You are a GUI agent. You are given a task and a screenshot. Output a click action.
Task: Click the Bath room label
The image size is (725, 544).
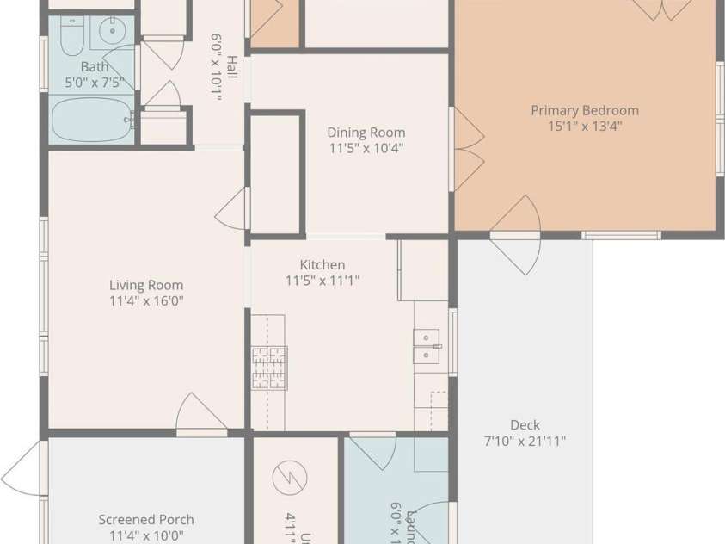click(x=95, y=67)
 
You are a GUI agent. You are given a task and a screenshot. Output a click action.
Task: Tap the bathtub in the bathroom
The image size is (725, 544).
click(x=91, y=120)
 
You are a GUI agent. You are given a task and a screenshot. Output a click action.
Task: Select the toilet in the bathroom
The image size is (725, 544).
click(x=71, y=35)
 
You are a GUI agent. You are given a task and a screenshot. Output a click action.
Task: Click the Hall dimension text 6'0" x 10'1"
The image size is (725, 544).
click(x=217, y=67)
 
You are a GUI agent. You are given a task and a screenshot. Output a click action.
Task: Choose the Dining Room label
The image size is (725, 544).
click(x=366, y=133)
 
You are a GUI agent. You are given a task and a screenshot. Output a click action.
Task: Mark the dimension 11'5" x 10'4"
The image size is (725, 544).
click(x=366, y=147)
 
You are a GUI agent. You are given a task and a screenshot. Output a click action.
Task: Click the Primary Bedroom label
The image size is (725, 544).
click(x=584, y=110)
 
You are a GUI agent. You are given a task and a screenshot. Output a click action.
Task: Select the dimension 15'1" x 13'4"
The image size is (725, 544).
click(x=584, y=126)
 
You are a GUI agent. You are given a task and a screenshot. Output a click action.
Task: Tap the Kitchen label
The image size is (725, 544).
click(x=322, y=265)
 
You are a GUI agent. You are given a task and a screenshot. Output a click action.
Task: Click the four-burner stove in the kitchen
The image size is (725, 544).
click(x=269, y=368)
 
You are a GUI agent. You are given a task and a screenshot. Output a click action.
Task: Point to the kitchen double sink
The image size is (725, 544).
click(x=427, y=345)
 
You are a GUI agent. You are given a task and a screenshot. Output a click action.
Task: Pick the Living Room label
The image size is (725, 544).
click(x=146, y=286)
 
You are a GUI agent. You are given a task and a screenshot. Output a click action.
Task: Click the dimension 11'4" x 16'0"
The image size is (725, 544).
click(x=146, y=301)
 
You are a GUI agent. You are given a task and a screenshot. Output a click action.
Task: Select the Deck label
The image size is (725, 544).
click(x=525, y=425)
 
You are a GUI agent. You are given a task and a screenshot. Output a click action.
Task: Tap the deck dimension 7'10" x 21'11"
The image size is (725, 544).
click(x=525, y=442)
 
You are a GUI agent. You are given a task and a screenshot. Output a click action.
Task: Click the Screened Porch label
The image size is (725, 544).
click(x=146, y=520)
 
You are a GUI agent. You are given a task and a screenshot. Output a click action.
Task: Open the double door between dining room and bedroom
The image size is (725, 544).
click(x=466, y=148)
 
